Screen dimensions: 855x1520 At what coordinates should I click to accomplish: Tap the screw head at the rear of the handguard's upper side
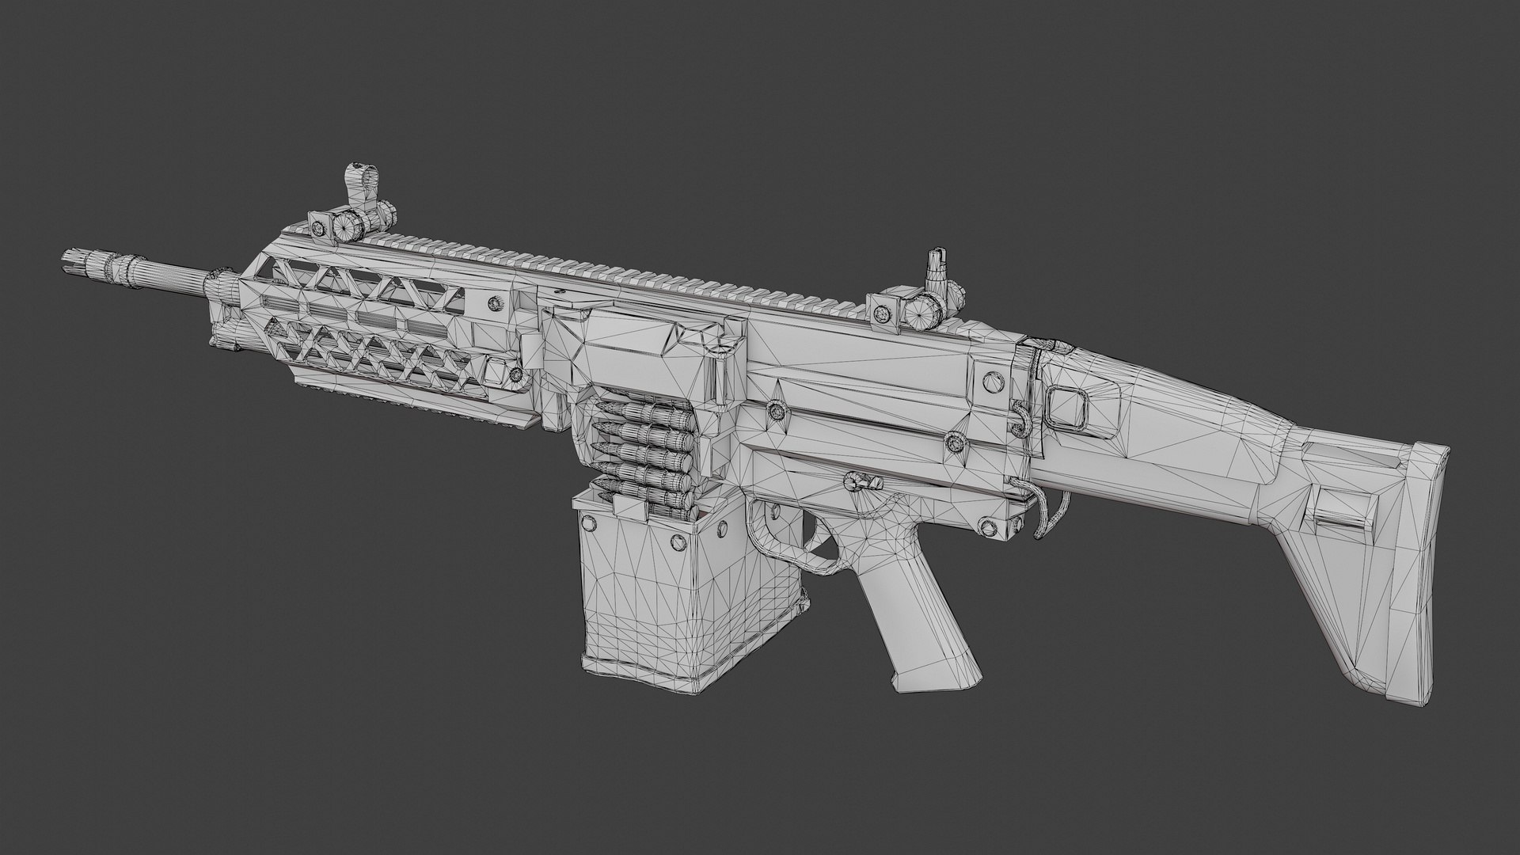(496, 302)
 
